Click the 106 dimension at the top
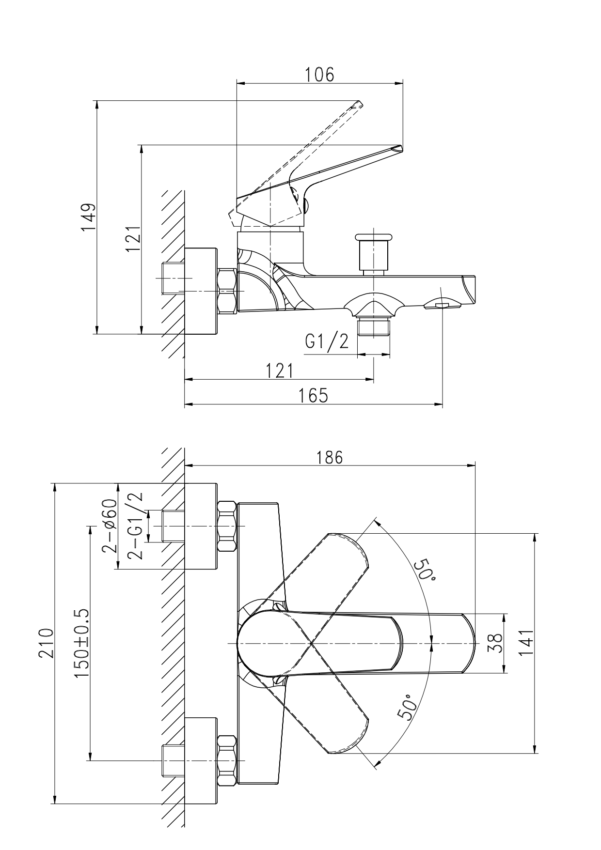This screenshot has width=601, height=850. pyautogui.click(x=319, y=75)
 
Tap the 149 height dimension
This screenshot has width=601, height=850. pyautogui.click(x=88, y=217)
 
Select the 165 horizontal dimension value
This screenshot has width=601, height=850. pyautogui.click(x=313, y=395)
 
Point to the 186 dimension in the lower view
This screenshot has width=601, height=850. pyautogui.click(x=330, y=457)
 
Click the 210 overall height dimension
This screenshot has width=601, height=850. pyautogui.click(x=47, y=642)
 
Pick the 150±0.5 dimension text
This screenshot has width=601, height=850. pyautogui.click(x=82, y=643)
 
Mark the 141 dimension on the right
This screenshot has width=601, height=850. pyautogui.click(x=526, y=643)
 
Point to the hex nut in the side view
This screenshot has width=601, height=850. pyautogui.click(x=227, y=291)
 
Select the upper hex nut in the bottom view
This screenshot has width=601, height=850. pyautogui.click(x=227, y=526)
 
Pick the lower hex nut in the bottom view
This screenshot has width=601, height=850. pyautogui.click(x=227, y=761)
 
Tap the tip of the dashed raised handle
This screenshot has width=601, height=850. pyautogui.click(x=359, y=103)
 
